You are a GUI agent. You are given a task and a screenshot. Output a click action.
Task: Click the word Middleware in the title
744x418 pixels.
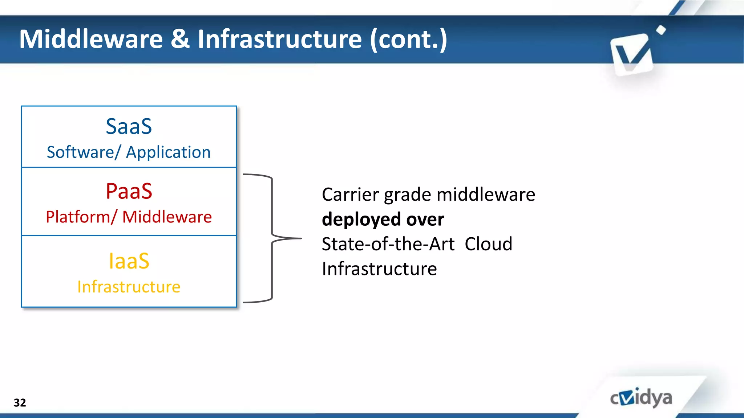(91, 39)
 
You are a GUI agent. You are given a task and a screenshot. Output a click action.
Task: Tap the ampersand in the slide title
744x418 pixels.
(180, 39)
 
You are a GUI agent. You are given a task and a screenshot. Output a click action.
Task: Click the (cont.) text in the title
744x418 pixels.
(409, 39)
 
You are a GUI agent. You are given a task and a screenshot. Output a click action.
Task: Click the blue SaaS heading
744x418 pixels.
(129, 126)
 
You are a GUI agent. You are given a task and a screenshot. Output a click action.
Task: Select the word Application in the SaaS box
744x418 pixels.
(168, 152)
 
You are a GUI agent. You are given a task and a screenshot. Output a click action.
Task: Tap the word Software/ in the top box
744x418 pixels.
(83, 152)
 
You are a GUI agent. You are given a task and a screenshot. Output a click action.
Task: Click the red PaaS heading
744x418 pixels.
(129, 191)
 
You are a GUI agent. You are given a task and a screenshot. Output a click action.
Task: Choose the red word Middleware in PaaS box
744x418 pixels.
(167, 217)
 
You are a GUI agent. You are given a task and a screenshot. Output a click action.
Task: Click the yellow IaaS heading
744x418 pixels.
(129, 261)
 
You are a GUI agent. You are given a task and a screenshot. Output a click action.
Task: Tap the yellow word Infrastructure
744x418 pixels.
(129, 287)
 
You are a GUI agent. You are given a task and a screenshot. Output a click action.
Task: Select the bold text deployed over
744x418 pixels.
(383, 219)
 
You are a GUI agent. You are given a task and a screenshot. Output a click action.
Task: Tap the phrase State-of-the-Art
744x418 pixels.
(388, 244)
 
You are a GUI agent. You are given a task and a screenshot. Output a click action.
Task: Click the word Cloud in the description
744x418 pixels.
(488, 244)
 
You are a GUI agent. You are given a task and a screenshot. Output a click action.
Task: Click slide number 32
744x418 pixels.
(20, 402)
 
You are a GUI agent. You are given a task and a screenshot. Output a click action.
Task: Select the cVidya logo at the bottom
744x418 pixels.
(641, 398)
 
